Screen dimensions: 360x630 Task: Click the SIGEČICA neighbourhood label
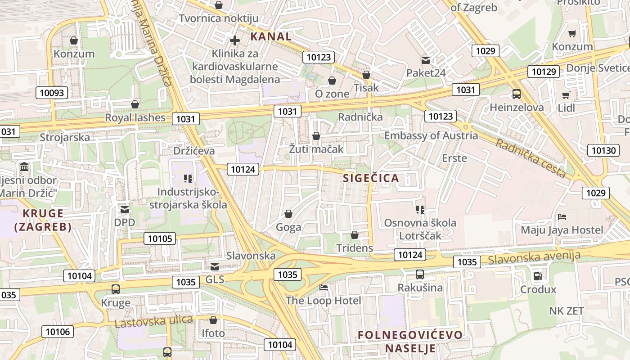[371, 178]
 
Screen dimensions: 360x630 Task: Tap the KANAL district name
[271, 36]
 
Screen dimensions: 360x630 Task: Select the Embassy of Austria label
[431, 135]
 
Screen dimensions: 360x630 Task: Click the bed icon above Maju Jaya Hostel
[562, 217]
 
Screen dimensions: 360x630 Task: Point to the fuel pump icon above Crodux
[538, 276]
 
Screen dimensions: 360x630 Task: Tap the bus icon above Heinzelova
[516, 94]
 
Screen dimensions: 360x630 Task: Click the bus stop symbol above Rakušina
[420, 274]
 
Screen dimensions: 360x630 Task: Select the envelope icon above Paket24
[425, 60]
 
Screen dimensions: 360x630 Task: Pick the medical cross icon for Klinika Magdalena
[234, 40]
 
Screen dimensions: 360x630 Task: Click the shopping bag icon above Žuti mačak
[316, 136]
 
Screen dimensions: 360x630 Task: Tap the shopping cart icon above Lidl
[566, 95]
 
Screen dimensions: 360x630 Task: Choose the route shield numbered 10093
[52, 93]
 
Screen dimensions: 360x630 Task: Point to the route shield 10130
[603, 150]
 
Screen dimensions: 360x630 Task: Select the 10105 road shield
[160, 238]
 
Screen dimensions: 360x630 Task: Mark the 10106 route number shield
[58, 332]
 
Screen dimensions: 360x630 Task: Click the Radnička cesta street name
[531, 157]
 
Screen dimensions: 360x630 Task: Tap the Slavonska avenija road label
[534, 257]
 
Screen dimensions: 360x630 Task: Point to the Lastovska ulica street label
[153, 321]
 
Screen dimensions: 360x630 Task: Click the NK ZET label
[566, 311]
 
